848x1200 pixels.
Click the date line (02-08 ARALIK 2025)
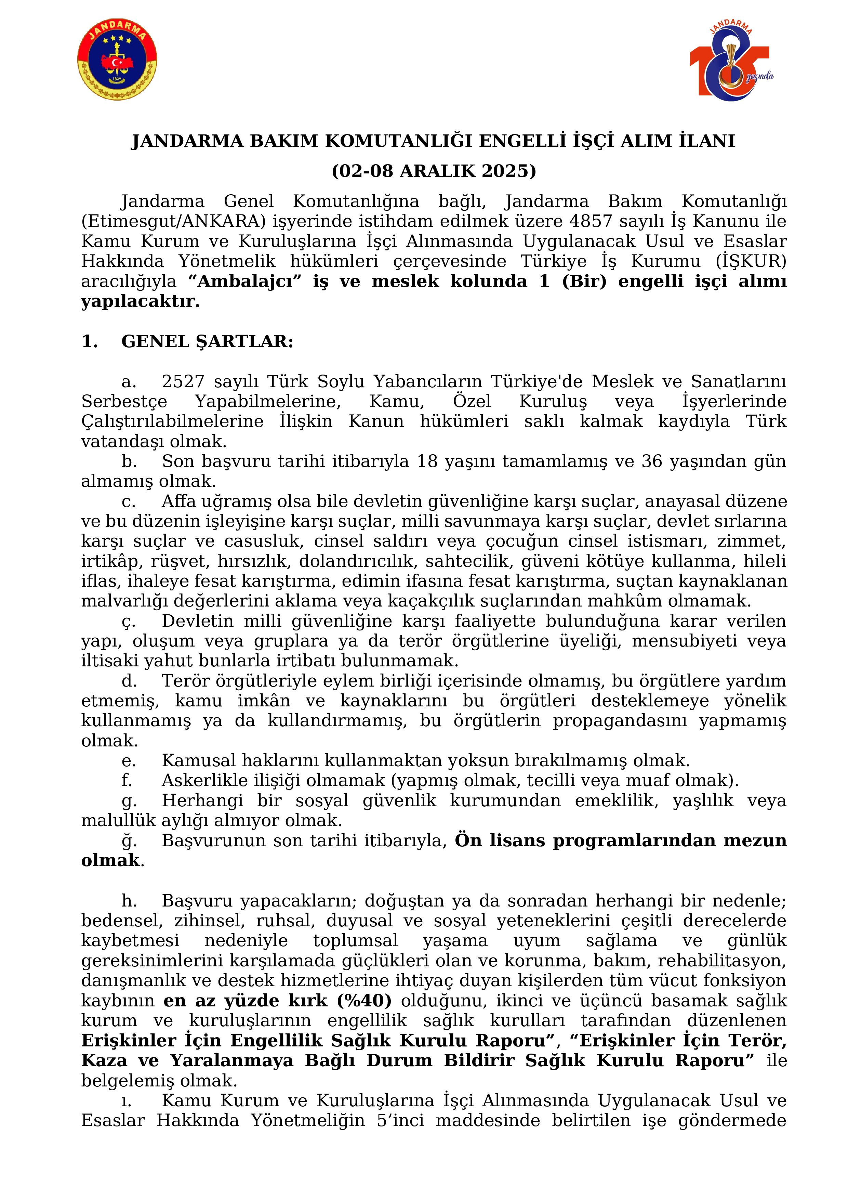pos(433,171)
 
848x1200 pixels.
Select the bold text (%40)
pos(364,1000)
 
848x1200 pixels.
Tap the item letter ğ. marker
pos(129,841)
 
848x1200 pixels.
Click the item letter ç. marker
pos(128,622)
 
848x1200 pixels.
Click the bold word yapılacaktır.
pos(140,302)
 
